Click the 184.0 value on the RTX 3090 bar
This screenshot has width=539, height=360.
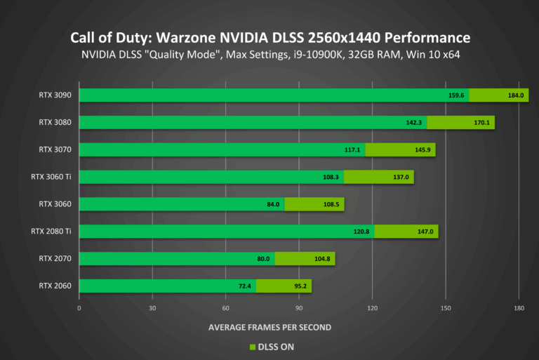[517, 95]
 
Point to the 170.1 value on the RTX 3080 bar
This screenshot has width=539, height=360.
[483, 123]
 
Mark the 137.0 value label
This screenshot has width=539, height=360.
[401, 178]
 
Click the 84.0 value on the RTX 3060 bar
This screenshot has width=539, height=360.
[273, 205]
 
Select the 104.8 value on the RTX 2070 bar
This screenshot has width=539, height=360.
[323, 259]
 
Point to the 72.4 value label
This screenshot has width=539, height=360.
[244, 286]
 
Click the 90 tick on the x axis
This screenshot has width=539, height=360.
[299, 308]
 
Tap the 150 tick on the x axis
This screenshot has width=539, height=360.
[446, 308]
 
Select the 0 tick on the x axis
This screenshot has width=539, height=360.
[79, 308]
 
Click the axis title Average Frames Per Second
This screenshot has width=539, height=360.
[269, 327]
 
